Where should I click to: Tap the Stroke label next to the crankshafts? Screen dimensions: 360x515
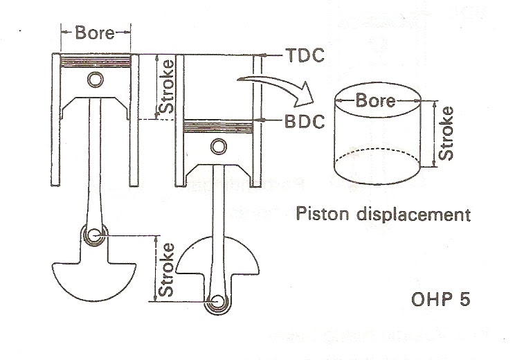(166, 269)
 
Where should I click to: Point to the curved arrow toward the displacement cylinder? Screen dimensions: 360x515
(277, 87)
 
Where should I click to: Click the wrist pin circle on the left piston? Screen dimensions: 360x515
(95, 80)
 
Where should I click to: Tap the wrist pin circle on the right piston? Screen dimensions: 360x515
(219, 145)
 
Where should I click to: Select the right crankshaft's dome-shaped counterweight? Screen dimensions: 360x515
(219, 260)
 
